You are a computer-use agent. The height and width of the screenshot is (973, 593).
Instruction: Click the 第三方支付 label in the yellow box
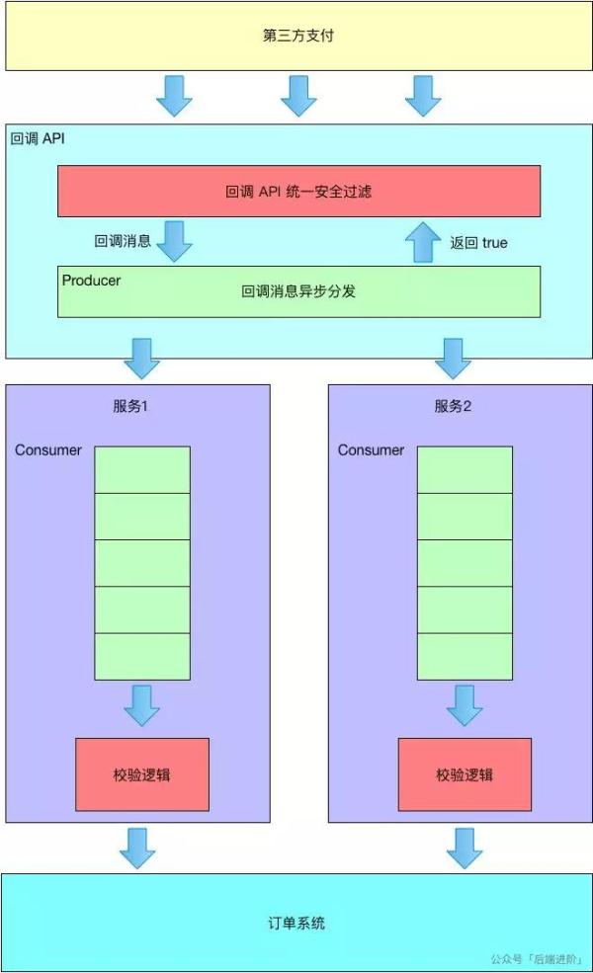coord(297,37)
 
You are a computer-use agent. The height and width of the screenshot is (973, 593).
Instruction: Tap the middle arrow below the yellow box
coord(298,96)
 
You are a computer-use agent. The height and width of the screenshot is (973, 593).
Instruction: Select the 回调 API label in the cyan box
coord(38,137)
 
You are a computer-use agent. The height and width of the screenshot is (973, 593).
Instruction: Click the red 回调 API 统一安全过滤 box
coord(298,191)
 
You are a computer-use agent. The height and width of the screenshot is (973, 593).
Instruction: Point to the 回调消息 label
coord(123,241)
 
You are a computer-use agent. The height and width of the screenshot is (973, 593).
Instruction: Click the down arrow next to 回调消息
coord(174,241)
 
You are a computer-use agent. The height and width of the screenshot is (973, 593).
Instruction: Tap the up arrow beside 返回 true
coord(423,241)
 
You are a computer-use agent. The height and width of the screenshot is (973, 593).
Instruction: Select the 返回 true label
coord(479,242)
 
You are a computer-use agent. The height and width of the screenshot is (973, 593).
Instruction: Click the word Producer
coord(91,281)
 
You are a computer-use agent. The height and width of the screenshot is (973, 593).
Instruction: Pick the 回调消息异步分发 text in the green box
coord(298,291)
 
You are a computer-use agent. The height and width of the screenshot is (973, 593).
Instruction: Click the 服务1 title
coord(130,406)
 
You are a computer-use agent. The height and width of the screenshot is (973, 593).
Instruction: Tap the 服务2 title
coord(454,406)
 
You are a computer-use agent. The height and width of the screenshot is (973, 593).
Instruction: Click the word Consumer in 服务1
coord(48,450)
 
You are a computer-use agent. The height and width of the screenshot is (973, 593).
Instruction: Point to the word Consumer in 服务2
coord(371,450)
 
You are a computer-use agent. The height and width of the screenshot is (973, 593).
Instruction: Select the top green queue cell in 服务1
coord(142,469)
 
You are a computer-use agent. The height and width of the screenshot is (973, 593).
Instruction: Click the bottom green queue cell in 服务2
coord(465,656)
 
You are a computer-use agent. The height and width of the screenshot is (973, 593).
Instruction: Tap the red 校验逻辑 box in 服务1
coord(142,774)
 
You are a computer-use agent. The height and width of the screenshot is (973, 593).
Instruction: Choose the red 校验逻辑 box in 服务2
coord(465,774)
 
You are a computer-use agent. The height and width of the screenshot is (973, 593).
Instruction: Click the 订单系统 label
coord(296,924)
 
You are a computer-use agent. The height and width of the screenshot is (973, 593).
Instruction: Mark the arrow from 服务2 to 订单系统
coord(462,848)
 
